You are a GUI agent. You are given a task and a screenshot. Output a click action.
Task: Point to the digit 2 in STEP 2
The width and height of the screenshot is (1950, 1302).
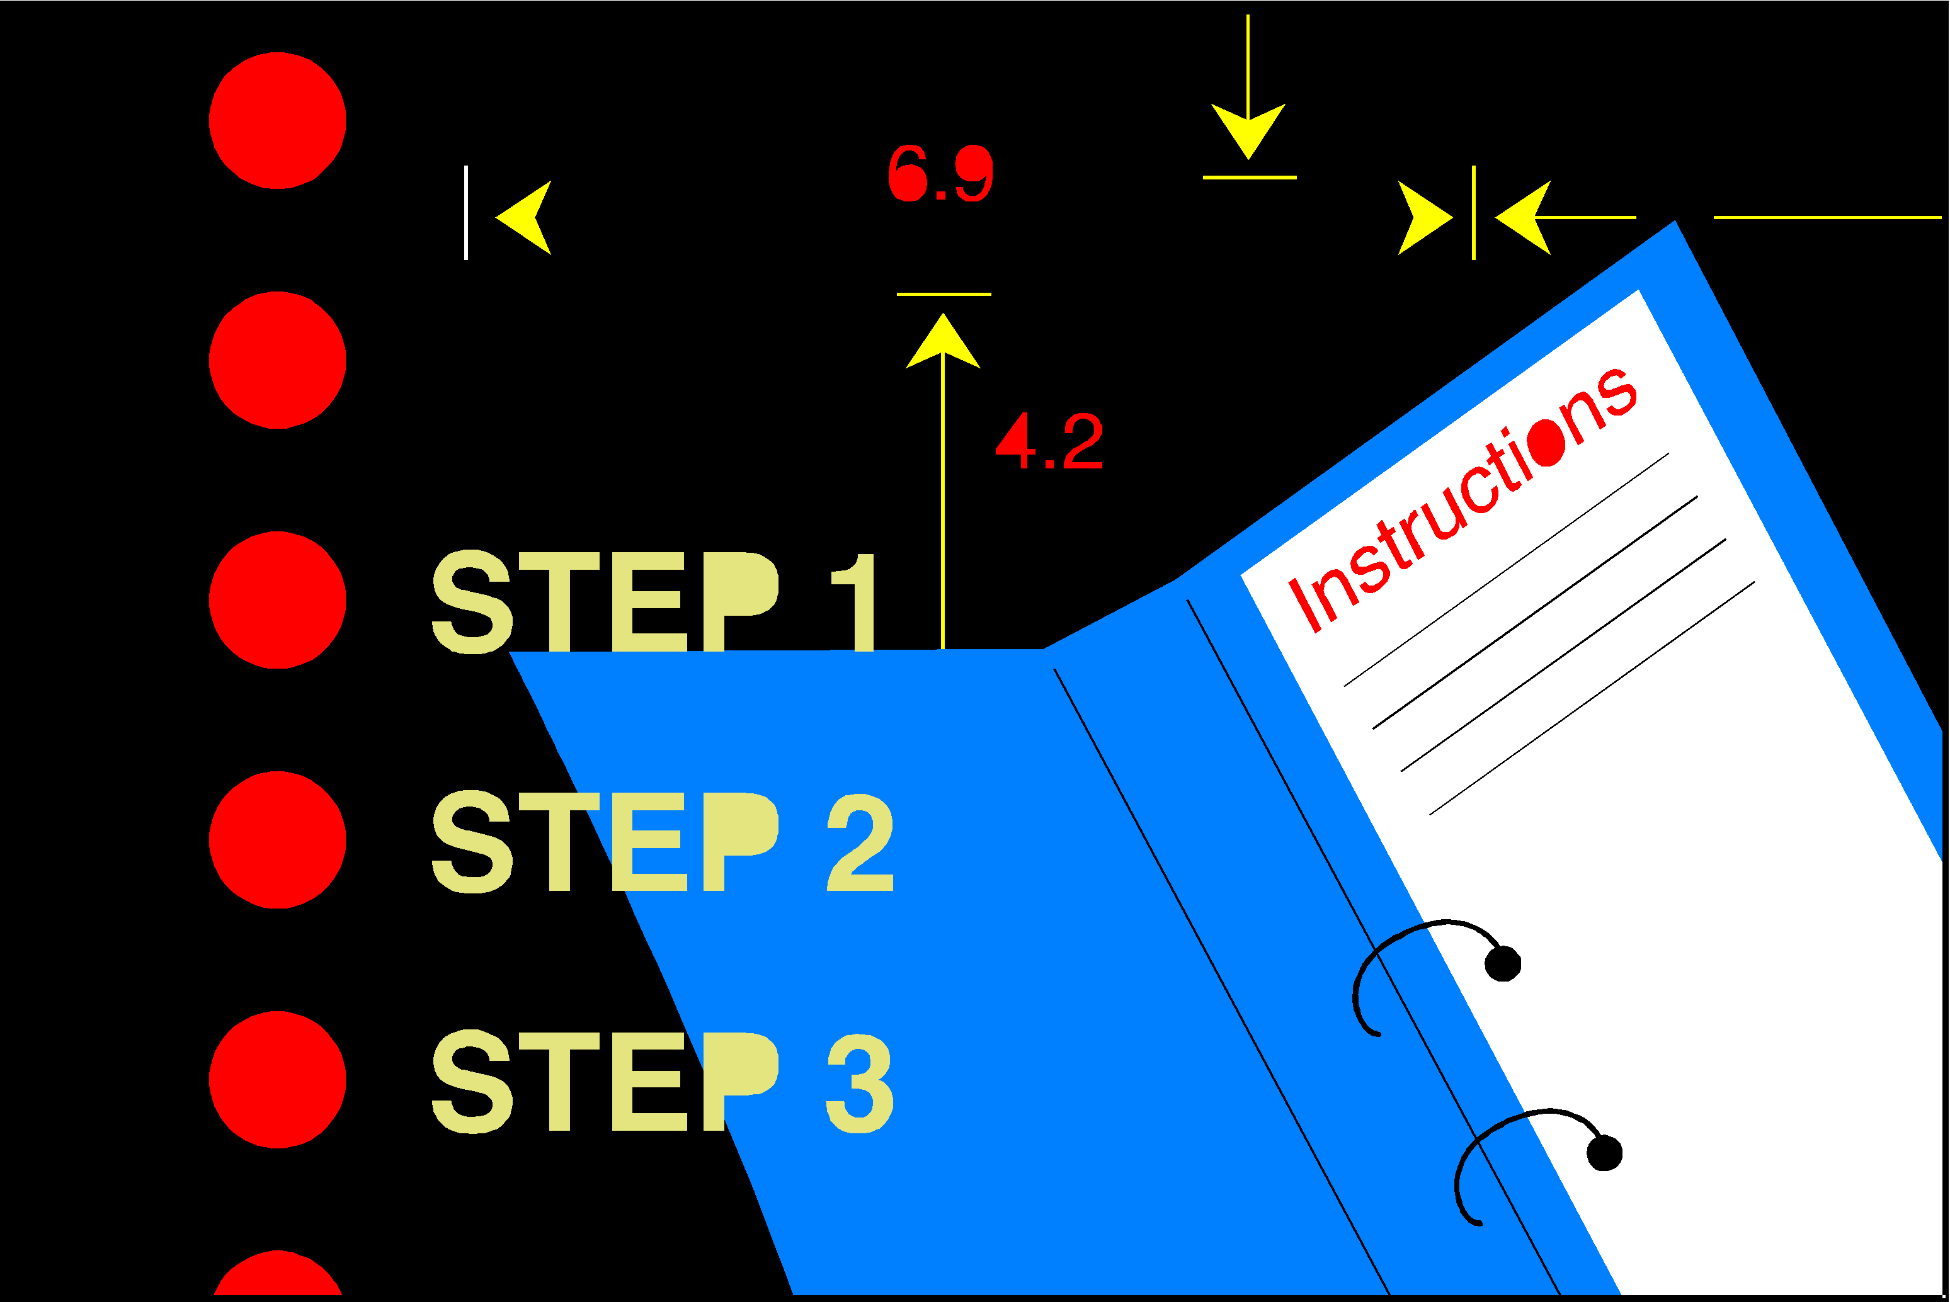coord(860,843)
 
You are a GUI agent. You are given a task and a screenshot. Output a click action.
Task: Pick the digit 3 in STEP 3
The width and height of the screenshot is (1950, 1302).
coord(860,1083)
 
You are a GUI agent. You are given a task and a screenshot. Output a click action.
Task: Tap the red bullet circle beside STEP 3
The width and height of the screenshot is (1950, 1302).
coord(277,1080)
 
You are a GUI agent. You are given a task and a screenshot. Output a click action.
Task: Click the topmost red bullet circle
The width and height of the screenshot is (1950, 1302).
coord(277,120)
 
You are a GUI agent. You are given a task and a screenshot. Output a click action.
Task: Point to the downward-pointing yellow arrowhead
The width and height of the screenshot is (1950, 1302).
coord(1248,131)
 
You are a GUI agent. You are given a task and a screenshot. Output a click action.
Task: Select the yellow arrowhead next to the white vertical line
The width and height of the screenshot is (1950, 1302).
coord(523,218)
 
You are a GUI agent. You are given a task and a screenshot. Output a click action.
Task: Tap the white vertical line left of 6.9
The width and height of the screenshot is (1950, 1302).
coord(466,213)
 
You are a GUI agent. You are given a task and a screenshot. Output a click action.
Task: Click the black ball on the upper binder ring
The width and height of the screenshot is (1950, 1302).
coord(1503,964)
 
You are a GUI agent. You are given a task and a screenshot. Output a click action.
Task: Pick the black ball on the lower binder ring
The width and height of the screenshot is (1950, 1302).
coord(1604,1153)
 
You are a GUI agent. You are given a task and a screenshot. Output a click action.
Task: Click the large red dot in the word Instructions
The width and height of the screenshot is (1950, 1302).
coord(1546,443)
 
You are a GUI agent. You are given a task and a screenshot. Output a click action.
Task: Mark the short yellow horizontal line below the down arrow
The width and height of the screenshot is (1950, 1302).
coord(1250,178)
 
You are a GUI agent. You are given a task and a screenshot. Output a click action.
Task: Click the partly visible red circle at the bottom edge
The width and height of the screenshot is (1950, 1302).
coord(277,1274)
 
